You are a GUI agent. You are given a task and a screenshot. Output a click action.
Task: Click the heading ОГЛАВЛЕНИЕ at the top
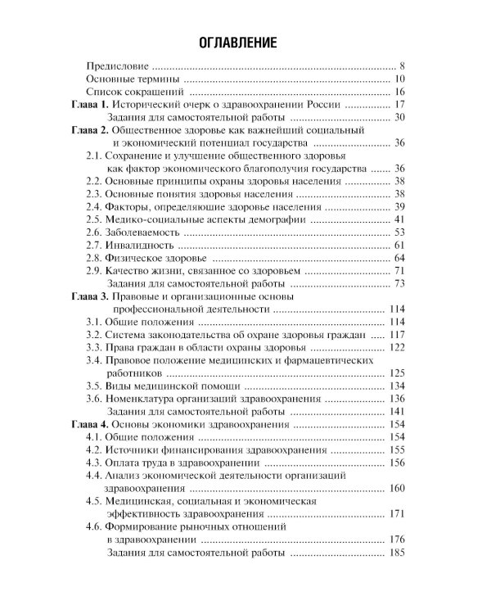pyautogui.click(x=245, y=42)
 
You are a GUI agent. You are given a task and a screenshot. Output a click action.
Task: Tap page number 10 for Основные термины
pyautogui.click(x=399, y=79)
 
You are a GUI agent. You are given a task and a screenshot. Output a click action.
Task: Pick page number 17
pyautogui.click(x=399, y=105)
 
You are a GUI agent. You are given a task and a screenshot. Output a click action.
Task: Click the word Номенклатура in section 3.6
pyautogui.click(x=141, y=399)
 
